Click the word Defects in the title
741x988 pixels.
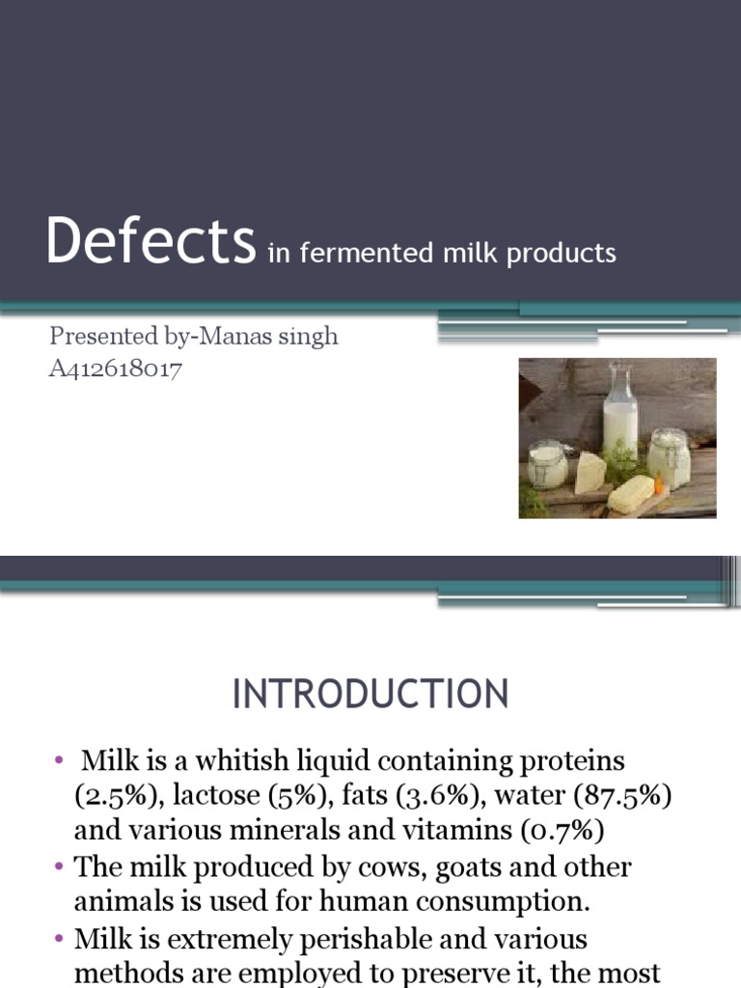[x=151, y=242]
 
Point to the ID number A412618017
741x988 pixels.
[x=116, y=369]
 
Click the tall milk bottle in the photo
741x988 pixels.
[x=619, y=415]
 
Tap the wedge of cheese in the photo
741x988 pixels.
[x=590, y=472]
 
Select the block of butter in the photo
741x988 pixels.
[x=631, y=493]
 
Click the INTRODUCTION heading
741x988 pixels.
[x=370, y=695]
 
